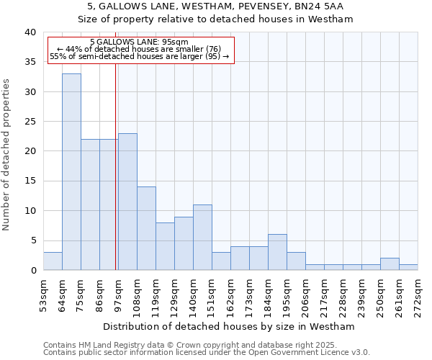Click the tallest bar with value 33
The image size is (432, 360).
tap(71, 172)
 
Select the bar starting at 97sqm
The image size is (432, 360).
tap(127, 202)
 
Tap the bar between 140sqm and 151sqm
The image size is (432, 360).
tap(202, 238)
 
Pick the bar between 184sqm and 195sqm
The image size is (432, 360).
tap(277, 252)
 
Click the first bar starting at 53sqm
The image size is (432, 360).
tap(53, 261)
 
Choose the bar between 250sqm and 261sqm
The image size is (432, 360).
tap(390, 264)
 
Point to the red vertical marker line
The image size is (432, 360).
tap(116, 180)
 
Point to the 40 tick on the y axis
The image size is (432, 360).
tap(30, 32)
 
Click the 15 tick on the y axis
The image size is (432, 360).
tap(30, 181)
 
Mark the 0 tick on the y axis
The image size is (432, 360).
tap(33, 270)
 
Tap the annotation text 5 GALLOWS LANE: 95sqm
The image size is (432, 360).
tap(140, 42)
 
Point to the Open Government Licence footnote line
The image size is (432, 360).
tap(207, 353)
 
